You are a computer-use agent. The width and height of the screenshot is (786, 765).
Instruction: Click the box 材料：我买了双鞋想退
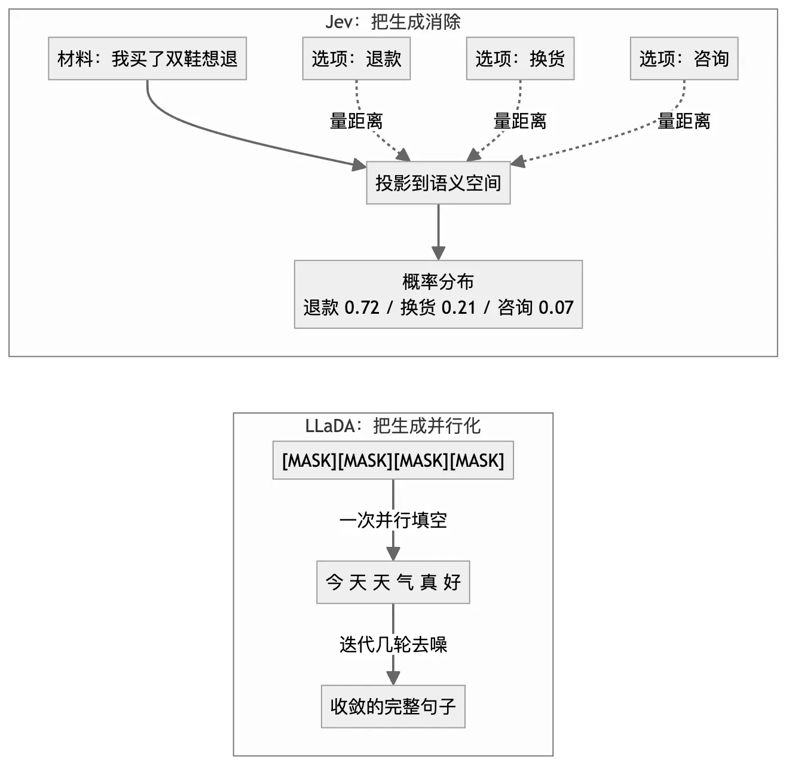click(148, 59)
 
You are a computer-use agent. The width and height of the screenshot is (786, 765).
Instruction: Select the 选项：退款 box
click(356, 59)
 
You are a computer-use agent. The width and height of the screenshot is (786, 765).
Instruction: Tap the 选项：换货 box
click(520, 59)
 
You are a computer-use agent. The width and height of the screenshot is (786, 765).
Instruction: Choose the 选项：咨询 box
click(684, 59)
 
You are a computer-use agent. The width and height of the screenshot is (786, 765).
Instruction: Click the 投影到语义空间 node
click(438, 183)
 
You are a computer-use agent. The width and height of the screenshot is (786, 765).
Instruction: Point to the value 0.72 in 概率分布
click(362, 308)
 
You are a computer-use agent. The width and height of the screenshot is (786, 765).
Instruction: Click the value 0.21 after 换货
click(458, 308)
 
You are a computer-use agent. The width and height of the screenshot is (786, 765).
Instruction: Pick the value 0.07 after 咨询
click(556, 308)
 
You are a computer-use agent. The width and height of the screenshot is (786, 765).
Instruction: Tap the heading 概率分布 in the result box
click(438, 282)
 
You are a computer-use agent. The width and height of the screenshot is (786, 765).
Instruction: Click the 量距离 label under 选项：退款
click(356, 121)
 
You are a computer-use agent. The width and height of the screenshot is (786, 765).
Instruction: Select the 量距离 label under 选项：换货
click(520, 121)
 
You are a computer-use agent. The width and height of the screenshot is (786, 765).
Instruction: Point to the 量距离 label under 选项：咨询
click(684, 121)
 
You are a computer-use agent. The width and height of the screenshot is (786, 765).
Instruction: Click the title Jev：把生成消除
click(393, 22)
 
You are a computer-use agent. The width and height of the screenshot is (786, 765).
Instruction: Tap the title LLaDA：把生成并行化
click(393, 426)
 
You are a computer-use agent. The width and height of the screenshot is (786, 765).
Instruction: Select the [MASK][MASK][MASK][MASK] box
click(393, 460)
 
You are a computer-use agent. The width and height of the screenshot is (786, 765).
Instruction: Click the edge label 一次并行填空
click(393, 520)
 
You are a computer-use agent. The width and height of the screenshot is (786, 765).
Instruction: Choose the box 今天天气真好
click(393, 582)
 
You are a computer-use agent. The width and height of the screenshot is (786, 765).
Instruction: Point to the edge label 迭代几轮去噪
click(393, 645)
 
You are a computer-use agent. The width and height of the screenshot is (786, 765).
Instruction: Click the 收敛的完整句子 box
click(393, 706)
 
